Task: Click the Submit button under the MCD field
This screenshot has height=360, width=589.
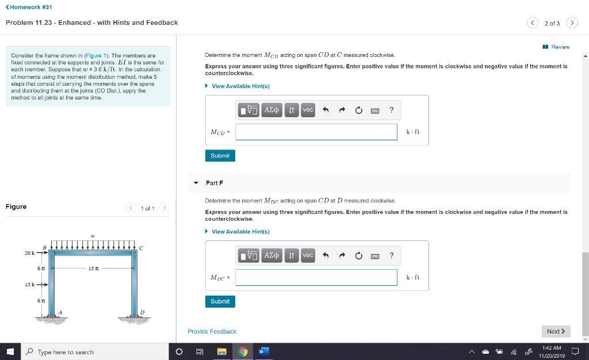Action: click(x=220, y=156)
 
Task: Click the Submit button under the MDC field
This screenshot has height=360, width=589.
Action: click(x=220, y=301)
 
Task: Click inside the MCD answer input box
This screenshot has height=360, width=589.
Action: click(x=316, y=132)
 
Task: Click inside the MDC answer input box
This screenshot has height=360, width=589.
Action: click(x=316, y=277)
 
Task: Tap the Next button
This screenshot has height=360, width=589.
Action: click(x=555, y=331)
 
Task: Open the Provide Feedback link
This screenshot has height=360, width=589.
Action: click(x=212, y=331)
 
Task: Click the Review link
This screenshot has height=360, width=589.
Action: click(x=560, y=47)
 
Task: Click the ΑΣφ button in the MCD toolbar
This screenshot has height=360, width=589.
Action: click(x=271, y=110)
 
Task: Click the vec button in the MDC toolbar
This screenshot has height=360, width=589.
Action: click(x=308, y=255)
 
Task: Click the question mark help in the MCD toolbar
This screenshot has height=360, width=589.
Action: click(x=391, y=110)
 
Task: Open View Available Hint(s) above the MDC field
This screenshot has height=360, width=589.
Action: click(x=240, y=232)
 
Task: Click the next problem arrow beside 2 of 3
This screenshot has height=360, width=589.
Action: click(x=571, y=23)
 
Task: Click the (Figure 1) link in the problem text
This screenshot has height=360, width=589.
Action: click(x=101, y=56)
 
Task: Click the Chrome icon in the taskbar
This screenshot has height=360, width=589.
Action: click(x=243, y=352)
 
